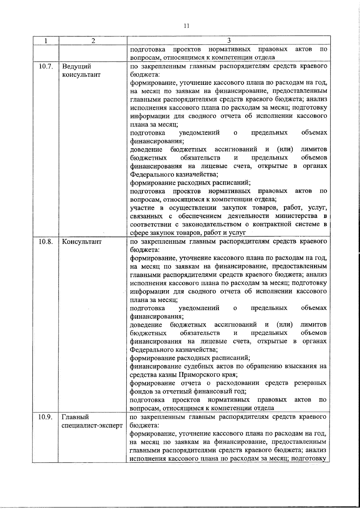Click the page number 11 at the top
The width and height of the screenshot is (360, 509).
(186, 26)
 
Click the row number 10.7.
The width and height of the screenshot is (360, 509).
(46, 67)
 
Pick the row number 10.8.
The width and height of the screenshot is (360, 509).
(46, 242)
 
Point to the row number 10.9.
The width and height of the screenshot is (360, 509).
(46, 417)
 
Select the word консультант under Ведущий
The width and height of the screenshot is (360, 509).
(81, 75)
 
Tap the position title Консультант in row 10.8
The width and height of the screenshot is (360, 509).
(82, 242)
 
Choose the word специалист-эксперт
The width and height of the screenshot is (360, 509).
(92, 425)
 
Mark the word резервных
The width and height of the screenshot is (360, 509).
(310, 383)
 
